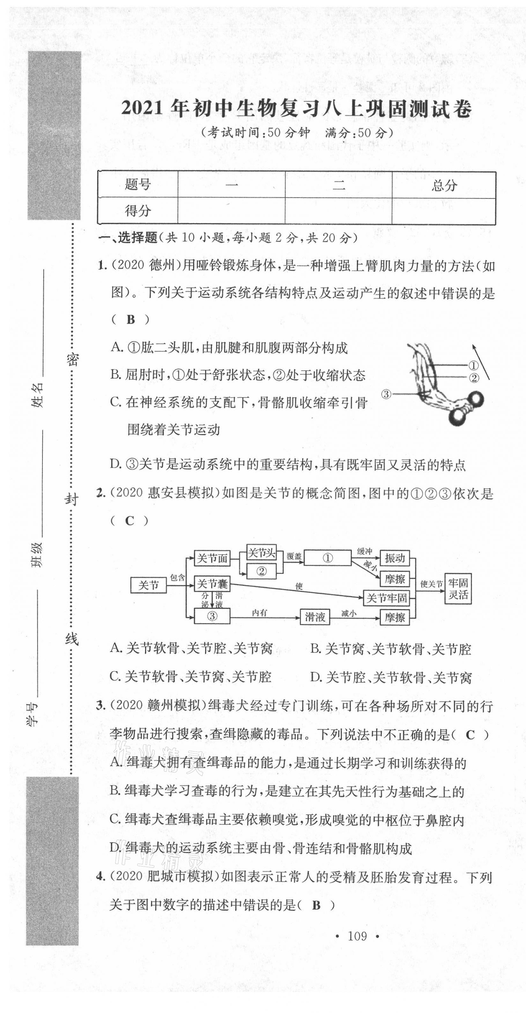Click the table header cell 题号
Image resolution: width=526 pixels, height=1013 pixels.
(137, 184)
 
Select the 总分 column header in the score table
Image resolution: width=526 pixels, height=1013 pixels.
(444, 185)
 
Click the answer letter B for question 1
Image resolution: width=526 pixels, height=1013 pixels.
(130, 320)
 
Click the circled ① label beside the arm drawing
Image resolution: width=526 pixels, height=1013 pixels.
(473, 366)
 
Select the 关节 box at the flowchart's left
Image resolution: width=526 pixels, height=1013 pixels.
(148, 586)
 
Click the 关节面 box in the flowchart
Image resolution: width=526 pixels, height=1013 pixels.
(212, 558)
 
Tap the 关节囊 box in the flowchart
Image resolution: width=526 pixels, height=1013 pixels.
(212, 584)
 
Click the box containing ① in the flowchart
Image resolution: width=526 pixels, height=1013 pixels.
(328, 558)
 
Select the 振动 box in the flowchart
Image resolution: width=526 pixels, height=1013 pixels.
(395, 558)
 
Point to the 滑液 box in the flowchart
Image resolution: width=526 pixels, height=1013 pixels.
(315, 617)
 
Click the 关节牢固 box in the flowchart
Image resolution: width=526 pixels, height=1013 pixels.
(386, 598)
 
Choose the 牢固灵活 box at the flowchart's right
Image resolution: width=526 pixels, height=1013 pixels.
(458, 588)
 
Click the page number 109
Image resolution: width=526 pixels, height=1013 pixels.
(357, 936)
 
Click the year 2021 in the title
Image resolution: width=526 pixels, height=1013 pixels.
(142, 109)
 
